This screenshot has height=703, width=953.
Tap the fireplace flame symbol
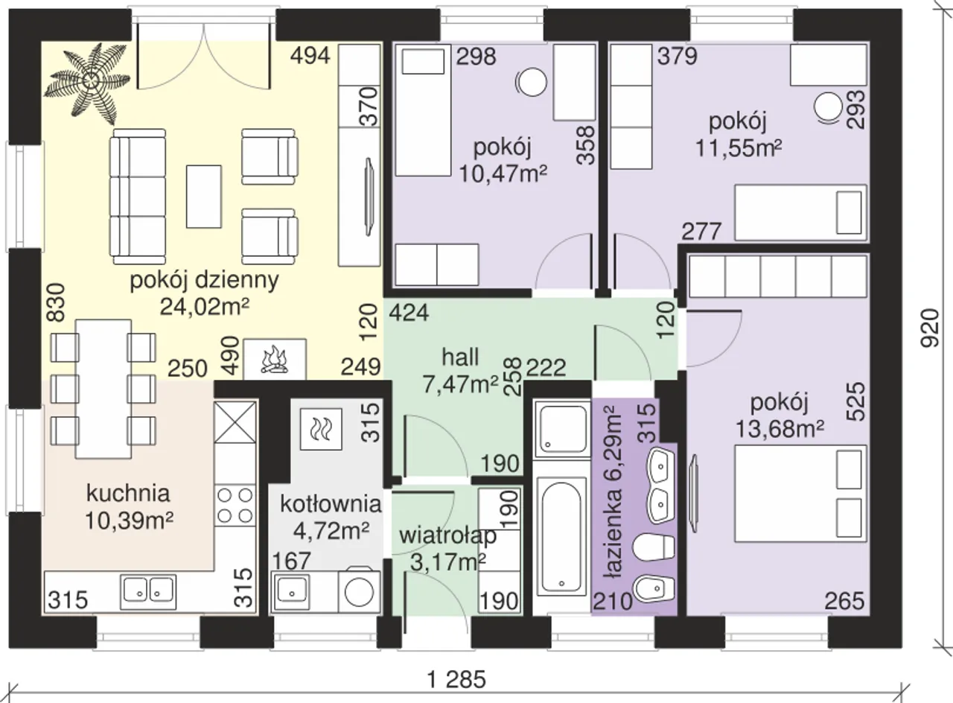275,360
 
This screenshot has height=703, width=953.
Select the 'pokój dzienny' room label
204,281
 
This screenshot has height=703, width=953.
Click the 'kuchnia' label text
128,493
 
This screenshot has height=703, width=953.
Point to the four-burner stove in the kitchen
235,505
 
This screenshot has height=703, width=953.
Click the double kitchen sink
148,592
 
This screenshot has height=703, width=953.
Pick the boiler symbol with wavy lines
321,429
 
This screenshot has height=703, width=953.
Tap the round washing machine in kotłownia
359,592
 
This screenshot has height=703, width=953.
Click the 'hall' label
460,357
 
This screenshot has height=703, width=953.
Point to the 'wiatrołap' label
447,535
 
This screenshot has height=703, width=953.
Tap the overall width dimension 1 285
456,679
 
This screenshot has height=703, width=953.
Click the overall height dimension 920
930,328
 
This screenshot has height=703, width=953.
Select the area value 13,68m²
779,429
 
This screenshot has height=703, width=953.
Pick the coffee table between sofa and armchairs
204,197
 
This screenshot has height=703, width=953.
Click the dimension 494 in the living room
310,55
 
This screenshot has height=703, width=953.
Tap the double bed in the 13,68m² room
800,494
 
